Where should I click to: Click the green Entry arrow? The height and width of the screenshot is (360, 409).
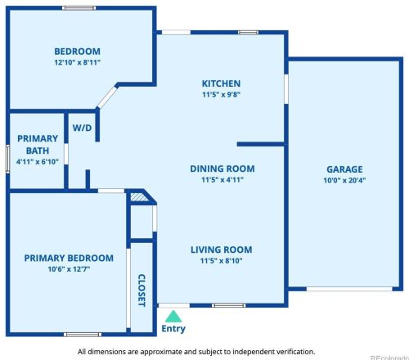[x=173, y=317]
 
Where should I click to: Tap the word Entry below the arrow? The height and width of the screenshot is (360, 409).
[x=173, y=329]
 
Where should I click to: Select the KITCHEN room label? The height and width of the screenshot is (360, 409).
[x=221, y=83]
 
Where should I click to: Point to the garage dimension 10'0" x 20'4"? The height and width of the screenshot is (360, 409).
[x=344, y=180]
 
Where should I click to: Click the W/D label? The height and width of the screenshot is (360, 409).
[x=82, y=128]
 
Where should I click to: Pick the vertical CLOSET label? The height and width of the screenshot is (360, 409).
[x=142, y=290]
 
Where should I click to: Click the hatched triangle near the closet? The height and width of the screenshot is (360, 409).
[x=139, y=197]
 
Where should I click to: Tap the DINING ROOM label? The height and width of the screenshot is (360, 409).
[x=222, y=169]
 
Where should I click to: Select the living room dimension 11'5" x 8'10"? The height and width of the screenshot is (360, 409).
[x=221, y=261]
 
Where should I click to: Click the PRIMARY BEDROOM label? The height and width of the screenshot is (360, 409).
[x=69, y=258]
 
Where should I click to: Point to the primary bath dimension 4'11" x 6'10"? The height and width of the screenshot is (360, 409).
[x=38, y=162]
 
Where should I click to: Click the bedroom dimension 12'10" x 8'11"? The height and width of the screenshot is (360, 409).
[x=78, y=62]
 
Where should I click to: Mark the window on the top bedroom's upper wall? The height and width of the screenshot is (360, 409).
[x=79, y=8]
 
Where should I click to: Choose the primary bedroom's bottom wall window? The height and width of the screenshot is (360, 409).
[x=83, y=335]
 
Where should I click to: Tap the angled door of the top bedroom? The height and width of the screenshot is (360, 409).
[x=107, y=97]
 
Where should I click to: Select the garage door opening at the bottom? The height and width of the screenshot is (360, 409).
[x=349, y=289]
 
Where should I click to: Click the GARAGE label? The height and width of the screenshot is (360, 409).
[x=344, y=169]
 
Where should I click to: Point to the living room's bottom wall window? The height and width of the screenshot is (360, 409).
[x=229, y=305]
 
